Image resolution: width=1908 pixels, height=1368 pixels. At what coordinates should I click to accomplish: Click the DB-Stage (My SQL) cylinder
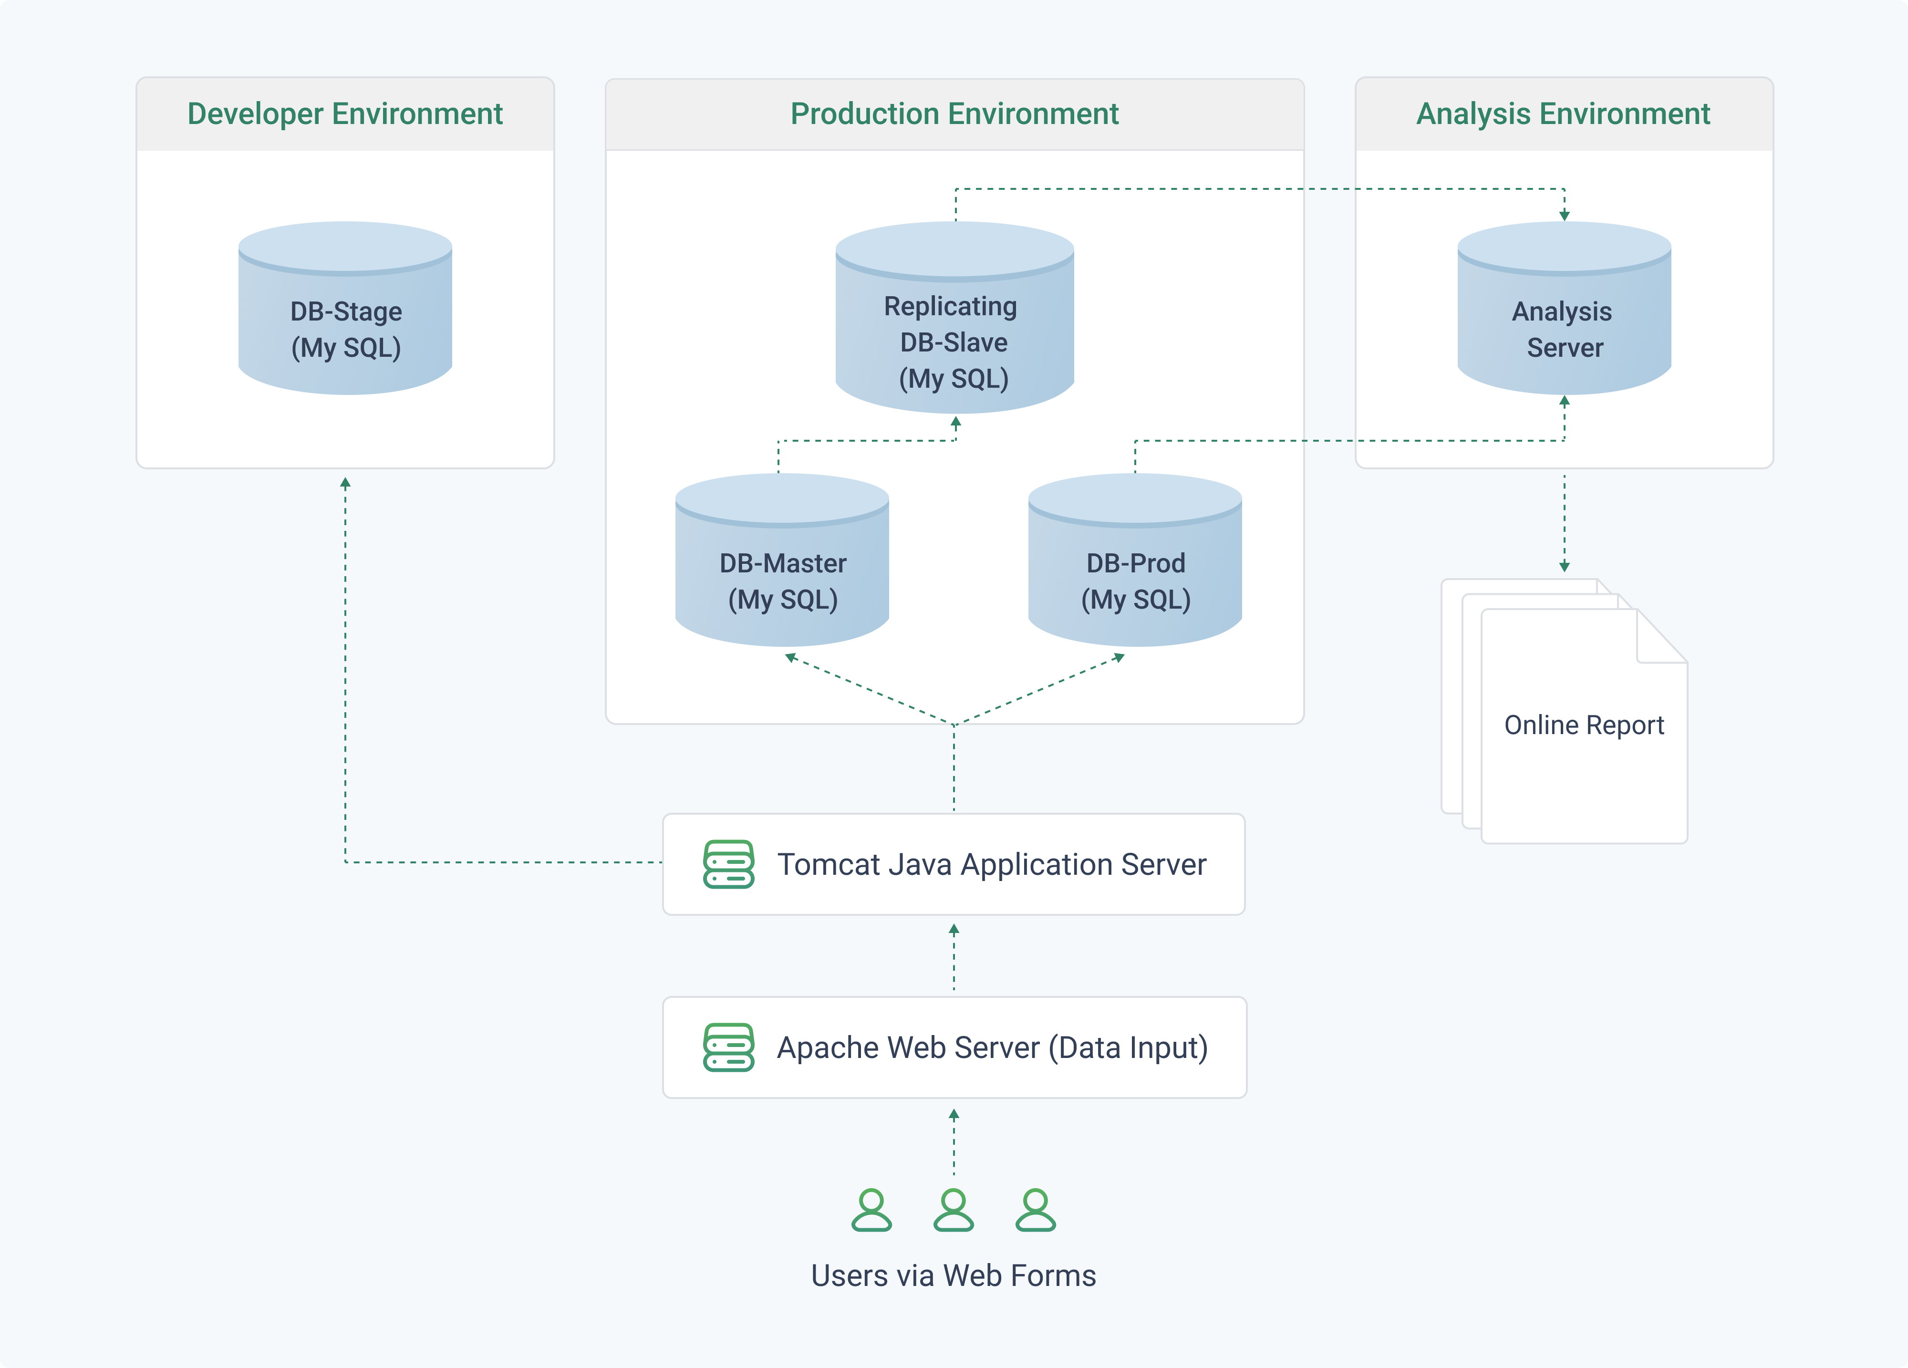tap(345, 308)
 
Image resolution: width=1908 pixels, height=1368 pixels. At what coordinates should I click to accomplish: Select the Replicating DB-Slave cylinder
tap(955, 317)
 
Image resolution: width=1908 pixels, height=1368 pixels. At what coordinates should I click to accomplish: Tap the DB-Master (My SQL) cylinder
tap(782, 560)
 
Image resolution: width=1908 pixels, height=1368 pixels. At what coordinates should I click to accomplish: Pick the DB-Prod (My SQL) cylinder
tap(1135, 560)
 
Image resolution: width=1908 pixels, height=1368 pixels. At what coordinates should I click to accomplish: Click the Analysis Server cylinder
tap(1564, 308)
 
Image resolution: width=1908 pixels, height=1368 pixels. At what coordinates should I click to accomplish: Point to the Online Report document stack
tap(1565, 711)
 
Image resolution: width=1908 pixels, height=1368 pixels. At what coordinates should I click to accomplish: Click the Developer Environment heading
tap(345, 114)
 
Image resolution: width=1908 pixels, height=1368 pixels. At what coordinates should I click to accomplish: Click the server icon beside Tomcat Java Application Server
tap(728, 864)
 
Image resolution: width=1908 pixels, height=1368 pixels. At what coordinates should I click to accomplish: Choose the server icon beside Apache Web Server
tap(728, 1047)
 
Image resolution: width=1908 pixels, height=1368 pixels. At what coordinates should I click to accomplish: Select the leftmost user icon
tap(871, 1210)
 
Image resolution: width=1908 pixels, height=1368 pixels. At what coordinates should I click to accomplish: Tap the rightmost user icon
tap(1036, 1210)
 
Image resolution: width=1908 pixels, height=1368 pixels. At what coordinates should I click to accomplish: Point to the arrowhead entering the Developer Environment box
tap(345, 483)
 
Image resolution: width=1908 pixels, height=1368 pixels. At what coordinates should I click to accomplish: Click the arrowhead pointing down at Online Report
tap(1564, 566)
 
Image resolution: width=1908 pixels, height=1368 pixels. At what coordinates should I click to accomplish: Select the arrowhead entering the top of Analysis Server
tap(1564, 216)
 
